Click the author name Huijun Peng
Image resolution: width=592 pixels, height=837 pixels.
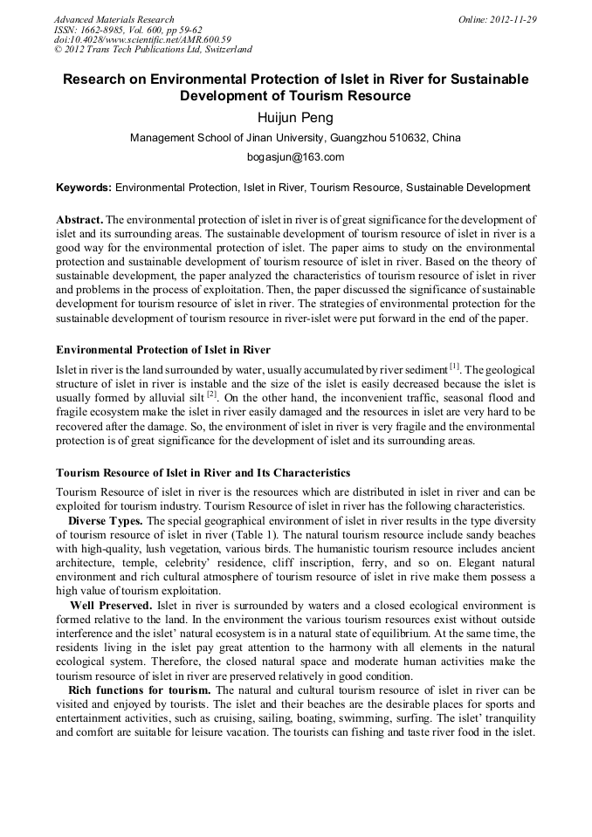(295, 118)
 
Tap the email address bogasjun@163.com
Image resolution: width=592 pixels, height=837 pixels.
(296, 157)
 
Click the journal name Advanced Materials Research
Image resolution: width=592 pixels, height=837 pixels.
(114, 19)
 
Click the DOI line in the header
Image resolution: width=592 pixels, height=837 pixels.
(142, 39)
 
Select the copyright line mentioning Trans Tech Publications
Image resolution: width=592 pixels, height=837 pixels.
(153, 50)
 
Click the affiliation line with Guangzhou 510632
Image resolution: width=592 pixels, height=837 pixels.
(295, 138)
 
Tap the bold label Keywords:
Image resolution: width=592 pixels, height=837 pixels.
(84, 188)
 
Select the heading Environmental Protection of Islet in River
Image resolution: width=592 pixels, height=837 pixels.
(163, 350)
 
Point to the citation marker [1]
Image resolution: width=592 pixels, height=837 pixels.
(454, 364)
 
